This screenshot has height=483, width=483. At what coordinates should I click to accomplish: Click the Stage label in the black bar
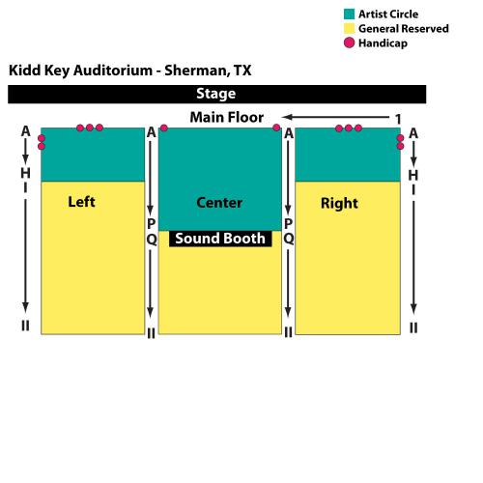[216, 94]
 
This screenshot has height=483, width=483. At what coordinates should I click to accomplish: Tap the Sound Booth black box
[220, 239]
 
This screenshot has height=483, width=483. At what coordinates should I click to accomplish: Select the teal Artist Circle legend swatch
[349, 14]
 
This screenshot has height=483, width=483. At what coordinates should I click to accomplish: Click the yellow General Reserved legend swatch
[349, 28]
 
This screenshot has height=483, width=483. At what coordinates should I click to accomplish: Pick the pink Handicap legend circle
[349, 43]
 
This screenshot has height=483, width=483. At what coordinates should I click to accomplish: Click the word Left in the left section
[81, 202]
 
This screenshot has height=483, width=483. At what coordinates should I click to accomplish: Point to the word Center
[219, 203]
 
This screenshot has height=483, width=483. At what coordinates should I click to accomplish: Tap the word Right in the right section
[339, 204]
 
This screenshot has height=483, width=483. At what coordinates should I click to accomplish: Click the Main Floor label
[227, 117]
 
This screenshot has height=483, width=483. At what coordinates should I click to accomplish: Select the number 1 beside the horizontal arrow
[398, 119]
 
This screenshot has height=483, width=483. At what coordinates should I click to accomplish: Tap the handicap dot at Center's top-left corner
[164, 128]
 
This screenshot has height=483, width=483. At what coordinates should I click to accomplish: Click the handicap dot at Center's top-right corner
[276, 128]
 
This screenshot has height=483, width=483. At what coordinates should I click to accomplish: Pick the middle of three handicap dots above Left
[90, 128]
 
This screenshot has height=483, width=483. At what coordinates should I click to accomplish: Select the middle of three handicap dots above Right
[349, 128]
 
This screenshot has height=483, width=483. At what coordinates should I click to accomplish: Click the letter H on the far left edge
[25, 173]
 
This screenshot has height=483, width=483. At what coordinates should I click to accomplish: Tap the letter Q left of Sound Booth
[152, 240]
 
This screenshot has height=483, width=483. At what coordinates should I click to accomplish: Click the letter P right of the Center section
[289, 223]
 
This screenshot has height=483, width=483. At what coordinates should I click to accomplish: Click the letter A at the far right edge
[413, 133]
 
